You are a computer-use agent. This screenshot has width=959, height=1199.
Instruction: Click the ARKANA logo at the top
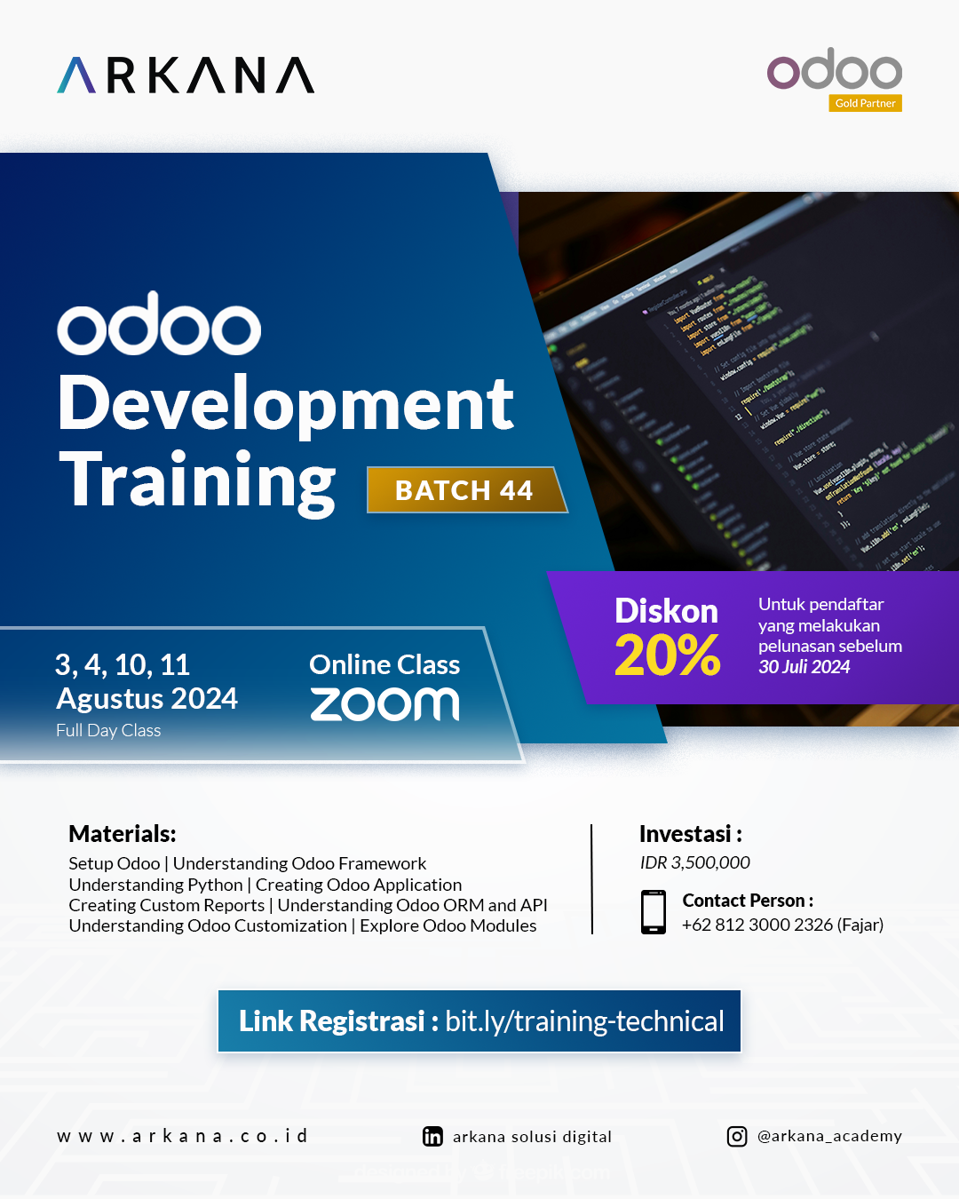coord(186,75)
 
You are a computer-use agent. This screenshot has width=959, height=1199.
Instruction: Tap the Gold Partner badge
coord(865,103)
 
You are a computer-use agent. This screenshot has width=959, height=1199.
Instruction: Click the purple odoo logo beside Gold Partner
coord(834,69)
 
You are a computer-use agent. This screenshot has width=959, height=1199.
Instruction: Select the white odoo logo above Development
coord(159,324)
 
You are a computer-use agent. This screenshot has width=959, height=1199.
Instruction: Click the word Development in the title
coord(285,404)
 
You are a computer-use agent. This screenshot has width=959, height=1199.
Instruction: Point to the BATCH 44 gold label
coord(464,490)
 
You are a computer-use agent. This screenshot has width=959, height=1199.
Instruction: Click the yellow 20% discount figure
coord(667,656)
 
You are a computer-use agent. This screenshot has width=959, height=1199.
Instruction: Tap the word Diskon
coord(666,611)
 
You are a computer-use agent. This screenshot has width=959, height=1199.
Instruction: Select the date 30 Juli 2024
coord(804,667)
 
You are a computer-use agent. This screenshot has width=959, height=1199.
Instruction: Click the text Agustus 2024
coord(147,699)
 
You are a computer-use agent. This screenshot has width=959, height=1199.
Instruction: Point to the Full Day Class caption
coord(108,731)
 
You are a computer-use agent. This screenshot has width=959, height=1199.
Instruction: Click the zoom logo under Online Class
coord(384,703)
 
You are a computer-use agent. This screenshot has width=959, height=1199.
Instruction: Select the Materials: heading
coord(123,834)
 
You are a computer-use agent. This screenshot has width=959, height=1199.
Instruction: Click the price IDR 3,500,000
coord(694,862)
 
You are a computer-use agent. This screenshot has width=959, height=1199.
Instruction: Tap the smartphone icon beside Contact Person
coord(654,912)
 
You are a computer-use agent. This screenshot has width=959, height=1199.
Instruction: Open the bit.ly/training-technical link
coord(584,1021)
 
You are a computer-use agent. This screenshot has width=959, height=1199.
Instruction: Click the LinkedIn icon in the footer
coord(432,1137)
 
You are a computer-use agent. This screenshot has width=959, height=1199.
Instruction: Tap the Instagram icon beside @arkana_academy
coord(737,1137)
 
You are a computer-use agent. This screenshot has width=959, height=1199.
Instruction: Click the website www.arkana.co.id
coord(182,1136)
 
